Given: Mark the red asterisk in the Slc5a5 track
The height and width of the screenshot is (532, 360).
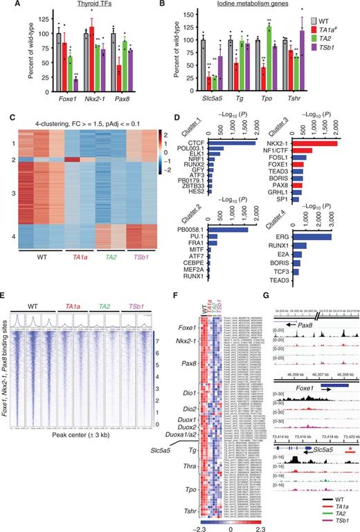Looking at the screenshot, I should [335, 429].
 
